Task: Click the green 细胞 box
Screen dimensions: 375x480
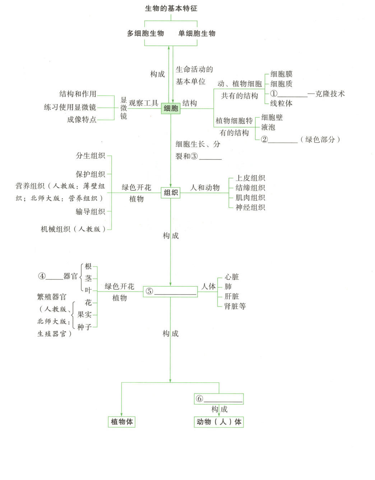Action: pyautogui.click(x=171, y=108)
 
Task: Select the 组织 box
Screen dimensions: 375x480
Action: pyautogui.click(x=171, y=193)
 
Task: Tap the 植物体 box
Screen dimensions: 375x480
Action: pyautogui.click(x=122, y=422)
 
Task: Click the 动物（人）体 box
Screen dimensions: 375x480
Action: pyautogui.click(x=219, y=422)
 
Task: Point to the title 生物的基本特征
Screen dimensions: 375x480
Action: pyautogui.click(x=171, y=8)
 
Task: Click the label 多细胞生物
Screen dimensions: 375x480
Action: pyautogui.click(x=145, y=33)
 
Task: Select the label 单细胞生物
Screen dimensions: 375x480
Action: pyautogui.click(x=197, y=33)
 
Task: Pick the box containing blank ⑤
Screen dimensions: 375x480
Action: pyautogui.click(x=171, y=292)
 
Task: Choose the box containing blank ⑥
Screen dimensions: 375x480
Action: pyautogui.click(x=219, y=399)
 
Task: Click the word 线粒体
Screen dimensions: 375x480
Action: pyautogui.click(x=281, y=103)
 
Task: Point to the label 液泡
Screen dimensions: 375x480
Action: pyautogui.click(x=268, y=127)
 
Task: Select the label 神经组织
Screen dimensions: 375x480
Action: pyautogui.click(x=250, y=207)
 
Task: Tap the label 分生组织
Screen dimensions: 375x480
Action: pyautogui.click(x=91, y=155)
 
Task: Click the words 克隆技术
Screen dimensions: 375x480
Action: pyautogui.click(x=330, y=94)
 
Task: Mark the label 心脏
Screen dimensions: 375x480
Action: pyautogui.click(x=232, y=277)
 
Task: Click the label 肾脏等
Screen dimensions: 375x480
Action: pyautogui.click(x=235, y=306)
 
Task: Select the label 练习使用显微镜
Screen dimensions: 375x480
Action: pyautogui.click(x=70, y=107)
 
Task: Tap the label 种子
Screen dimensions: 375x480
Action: pyautogui.click(x=84, y=327)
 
